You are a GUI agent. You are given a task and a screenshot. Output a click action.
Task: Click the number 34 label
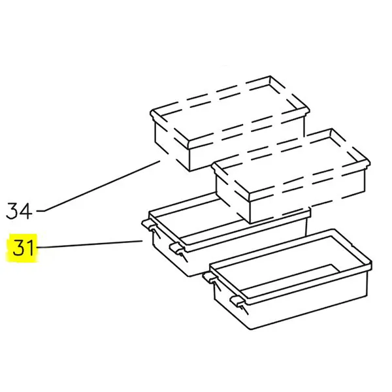coord(19,210)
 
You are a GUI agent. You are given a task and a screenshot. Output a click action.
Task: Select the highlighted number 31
coord(20,249)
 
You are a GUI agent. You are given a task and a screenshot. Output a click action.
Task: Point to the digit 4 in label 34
coord(25,210)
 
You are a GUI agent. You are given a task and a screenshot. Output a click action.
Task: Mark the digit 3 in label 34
coord(12,210)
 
